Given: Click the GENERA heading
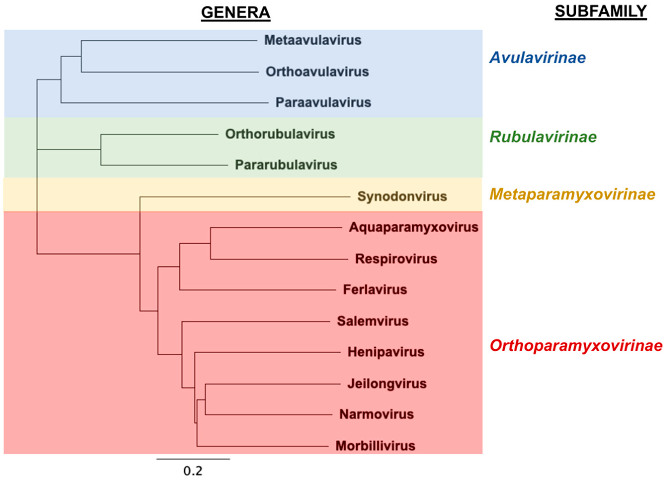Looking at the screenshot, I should click(x=235, y=13).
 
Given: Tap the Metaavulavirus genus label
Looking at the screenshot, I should click(x=313, y=40).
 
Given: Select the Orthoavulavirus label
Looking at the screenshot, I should click(x=317, y=72).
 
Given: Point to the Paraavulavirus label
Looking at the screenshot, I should click(x=323, y=103).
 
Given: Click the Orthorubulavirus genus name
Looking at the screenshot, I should click(x=280, y=134).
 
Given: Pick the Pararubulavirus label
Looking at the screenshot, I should click(x=286, y=165).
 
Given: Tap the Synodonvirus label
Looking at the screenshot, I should click(x=402, y=197).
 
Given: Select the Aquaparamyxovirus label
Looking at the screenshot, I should click(x=414, y=227).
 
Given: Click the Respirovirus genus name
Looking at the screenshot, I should click(x=396, y=259).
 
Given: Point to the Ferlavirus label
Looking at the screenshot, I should click(x=375, y=290).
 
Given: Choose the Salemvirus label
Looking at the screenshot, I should click(x=373, y=321).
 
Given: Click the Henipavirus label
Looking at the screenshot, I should click(x=386, y=352).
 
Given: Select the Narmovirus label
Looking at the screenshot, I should click(x=376, y=414).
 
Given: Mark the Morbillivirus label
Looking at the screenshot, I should click(x=375, y=446).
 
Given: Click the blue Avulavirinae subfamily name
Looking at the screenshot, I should click(x=537, y=57).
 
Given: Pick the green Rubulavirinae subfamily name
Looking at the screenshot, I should click(x=543, y=137).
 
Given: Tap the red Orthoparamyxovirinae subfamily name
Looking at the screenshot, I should click(x=576, y=346).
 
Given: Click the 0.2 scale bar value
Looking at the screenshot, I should click(x=193, y=471).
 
